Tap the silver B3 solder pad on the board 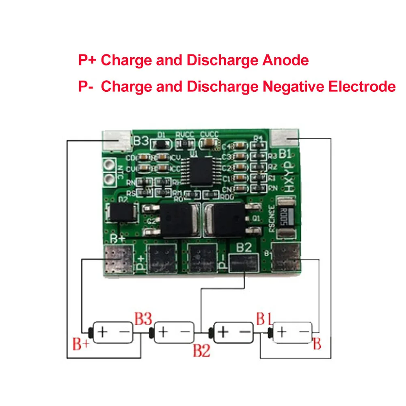116,140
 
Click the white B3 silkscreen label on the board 141,142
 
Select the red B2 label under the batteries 201,350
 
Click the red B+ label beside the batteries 80,346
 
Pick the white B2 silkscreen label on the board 244,248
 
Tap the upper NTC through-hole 109,165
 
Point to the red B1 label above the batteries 263,319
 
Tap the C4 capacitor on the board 240,147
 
